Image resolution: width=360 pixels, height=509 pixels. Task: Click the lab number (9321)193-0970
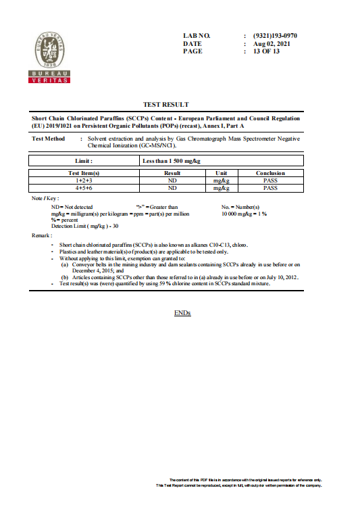click(275, 35)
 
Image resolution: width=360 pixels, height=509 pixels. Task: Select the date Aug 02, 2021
click(272, 43)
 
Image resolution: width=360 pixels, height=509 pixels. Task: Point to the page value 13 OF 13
click(266, 51)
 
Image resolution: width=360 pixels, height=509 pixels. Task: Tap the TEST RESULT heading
click(166, 105)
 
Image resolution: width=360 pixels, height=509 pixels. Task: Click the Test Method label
click(49, 139)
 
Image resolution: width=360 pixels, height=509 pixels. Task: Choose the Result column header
click(172, 174)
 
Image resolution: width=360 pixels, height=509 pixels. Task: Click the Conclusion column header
click(270, 174)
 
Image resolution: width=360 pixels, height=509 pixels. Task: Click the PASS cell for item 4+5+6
click(270, 188)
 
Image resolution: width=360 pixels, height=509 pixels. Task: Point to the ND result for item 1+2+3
click(172, 180)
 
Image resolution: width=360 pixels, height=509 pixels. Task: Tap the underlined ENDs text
click(182, 313)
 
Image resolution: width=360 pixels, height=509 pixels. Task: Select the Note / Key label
click(45, 197)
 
